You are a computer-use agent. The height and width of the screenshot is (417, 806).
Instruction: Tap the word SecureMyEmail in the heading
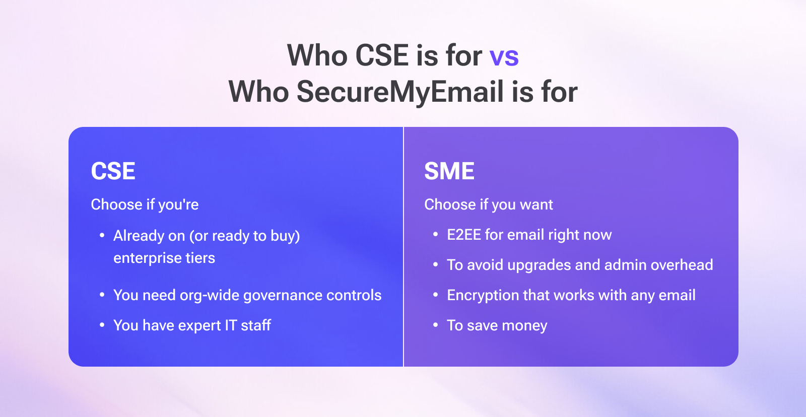pyautogui.click(x=400, y=92)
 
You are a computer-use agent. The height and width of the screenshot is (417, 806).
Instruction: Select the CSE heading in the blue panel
pyautogui.click(x=113, y=171)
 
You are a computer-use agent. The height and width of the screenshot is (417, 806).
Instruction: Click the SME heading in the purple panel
pyautogui.click(x=449, y=171)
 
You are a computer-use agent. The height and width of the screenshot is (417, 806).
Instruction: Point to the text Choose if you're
pyautogui.click(x=145, y=204)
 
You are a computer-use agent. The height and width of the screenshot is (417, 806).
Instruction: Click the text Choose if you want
pyautogui.click(x=489, y=204)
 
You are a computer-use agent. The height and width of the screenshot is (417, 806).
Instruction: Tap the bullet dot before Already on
pyautogui.click(x=102, y=235)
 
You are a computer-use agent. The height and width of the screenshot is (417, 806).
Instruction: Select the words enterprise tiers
pyautogui.click(x=164, y=258)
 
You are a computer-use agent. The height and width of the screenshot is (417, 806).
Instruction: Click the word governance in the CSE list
pyautogui.click(x=283, y=296)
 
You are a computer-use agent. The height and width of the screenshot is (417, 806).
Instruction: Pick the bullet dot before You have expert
pyautogui.click(x=102, y=325)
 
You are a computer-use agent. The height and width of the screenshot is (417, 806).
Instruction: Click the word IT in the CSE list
pyautogui.click(x=231, y=325)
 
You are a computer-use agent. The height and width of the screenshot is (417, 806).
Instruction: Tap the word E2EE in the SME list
pyautogui.click(x=464, y=235)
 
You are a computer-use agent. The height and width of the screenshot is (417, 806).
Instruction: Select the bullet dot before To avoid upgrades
pyautogui.click(x=436, y=265)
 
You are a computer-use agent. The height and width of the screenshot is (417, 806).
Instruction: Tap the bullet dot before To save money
pyautogui.click(x=436, y=325)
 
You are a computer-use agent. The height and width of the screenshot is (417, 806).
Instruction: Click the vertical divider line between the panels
pyautogui.click(x=404, y=247)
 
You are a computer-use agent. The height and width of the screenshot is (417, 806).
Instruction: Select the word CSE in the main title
pyautogui.click(x=382, y=56)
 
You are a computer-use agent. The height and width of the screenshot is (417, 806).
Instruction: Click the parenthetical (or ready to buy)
pyautogui.click(x=245, y=236)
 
